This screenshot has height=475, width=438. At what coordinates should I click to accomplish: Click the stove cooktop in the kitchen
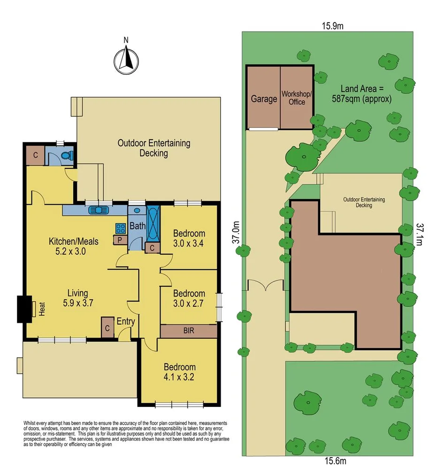(120, 229)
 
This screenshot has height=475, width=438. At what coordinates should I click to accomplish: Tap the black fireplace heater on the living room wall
(23, 309)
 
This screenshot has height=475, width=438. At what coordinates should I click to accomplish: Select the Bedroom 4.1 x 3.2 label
(179, 372)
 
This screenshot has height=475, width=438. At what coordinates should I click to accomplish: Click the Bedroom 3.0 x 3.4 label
(189, 238)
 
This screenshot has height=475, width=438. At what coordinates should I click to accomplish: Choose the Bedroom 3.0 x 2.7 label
(189, 298)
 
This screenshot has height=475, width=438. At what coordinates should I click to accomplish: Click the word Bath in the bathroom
(138, 226)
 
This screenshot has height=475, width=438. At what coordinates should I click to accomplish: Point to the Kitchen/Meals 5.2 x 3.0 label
(74, 246)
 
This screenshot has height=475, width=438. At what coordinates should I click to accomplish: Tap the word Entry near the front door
(126, 322)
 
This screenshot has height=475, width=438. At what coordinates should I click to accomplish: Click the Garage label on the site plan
(263, 99)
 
